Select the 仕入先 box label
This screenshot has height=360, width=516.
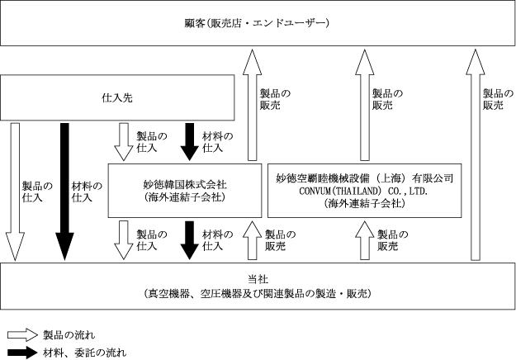pyautogui.click(x=117, y=97)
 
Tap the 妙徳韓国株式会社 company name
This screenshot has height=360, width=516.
pyautogui.click(x=185, y=184)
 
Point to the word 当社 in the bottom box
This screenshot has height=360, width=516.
pyautogui.click(x=258, y=279)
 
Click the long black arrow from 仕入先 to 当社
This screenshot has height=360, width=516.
pyautogui.click(x=64, y=192)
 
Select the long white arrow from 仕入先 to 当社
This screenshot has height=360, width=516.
pyautogui.click(x=15, y=192)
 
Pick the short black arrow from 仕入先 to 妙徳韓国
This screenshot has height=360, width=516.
pyautogui.click(x=190, y=142)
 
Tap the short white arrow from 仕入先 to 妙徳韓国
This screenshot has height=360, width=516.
pyautogui.click(x=123, y=142)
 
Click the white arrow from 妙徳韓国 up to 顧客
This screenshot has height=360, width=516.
pyautogui.click(x=252, y=105)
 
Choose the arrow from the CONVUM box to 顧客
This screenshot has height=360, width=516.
pyautogui.click(x=365, y=105)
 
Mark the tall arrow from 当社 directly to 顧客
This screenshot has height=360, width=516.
pyautogui.click(x=476, y=154)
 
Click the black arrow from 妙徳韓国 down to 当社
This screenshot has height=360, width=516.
pyautogui.click(x=190, y=240)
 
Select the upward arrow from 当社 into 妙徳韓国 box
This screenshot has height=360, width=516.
pyautogui.click(x=252, y=240)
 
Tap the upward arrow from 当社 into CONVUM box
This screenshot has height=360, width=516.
pyautogui.click(x=365, y=240)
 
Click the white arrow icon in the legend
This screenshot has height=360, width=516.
pyautogui.click(x=23, y=335)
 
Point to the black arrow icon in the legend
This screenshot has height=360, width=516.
pyautogui.click(x=23, y=353)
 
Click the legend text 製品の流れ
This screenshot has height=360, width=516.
pyautogui.click(x=69, y=335)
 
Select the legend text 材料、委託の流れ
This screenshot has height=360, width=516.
pyautogui.click(x=84, y=353)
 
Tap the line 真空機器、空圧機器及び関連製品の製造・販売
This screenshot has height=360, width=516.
pyautogui.click(x=258, y=293)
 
